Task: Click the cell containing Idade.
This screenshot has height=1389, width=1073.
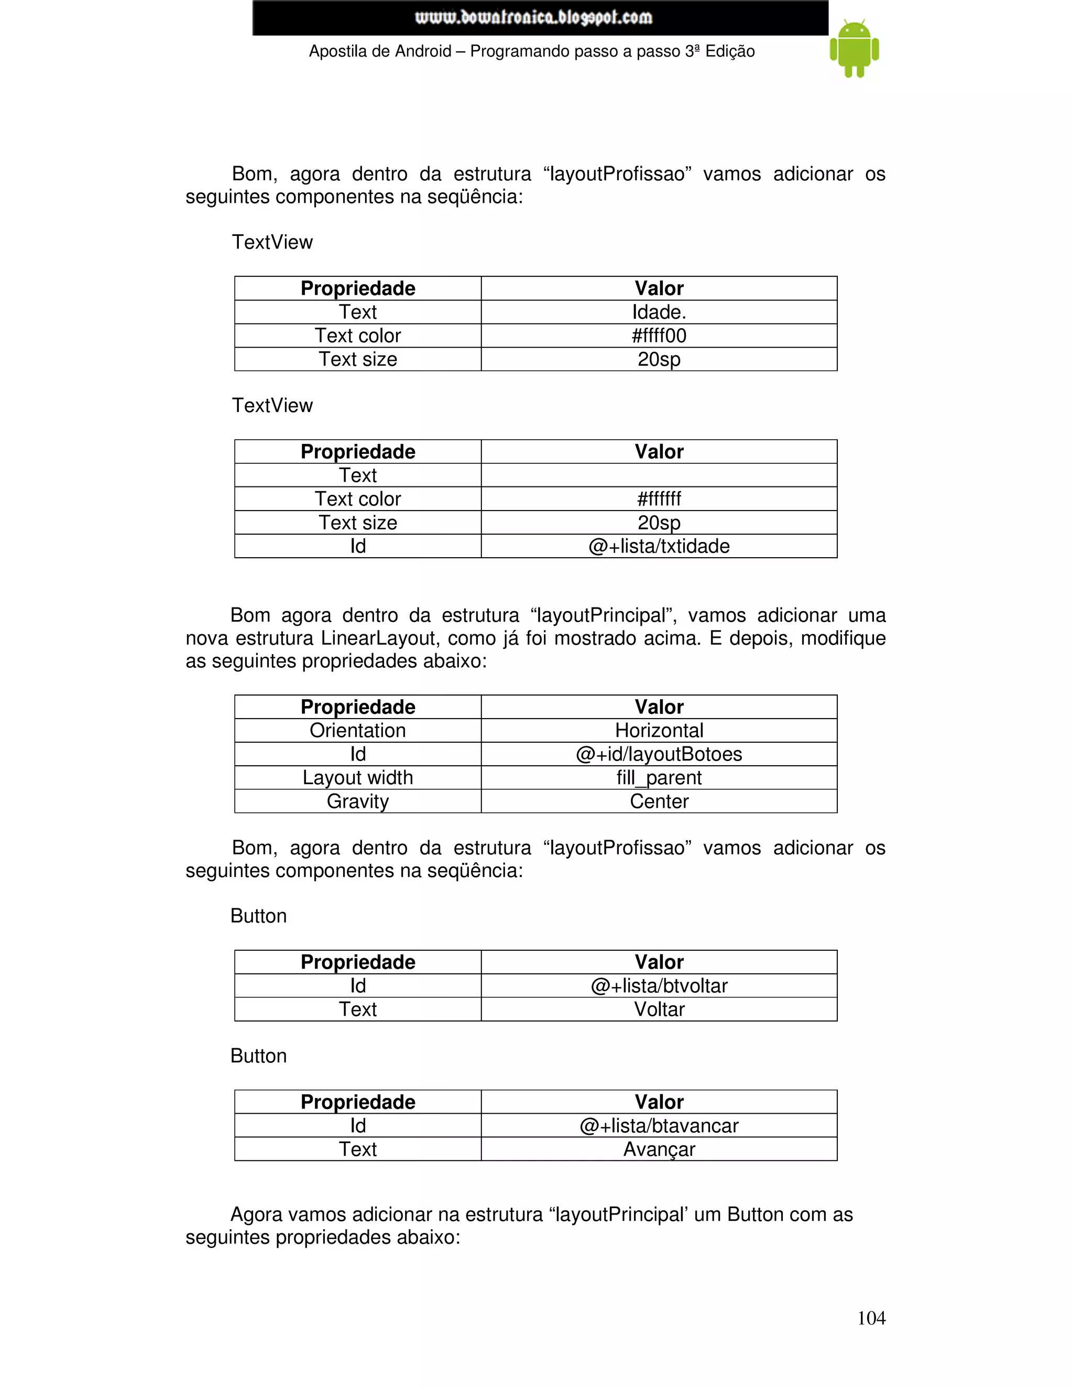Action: coord(659,312)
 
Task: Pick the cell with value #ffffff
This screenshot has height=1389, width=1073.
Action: coord(659,499)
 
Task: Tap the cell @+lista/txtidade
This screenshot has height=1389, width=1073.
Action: coord(659,546)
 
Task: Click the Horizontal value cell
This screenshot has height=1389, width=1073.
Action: coord(659,731)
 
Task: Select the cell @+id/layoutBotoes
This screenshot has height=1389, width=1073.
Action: coord(659,754)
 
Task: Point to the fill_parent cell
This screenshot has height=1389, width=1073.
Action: coord(659,778)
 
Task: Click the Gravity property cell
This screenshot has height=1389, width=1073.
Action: coord(357,801)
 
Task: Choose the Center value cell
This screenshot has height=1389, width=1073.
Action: coord(659,801)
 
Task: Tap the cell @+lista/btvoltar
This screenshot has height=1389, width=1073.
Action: coord(659,986)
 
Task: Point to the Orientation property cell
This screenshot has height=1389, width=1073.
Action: coord(357,731)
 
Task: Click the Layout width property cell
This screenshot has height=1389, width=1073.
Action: coord(357,778)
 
